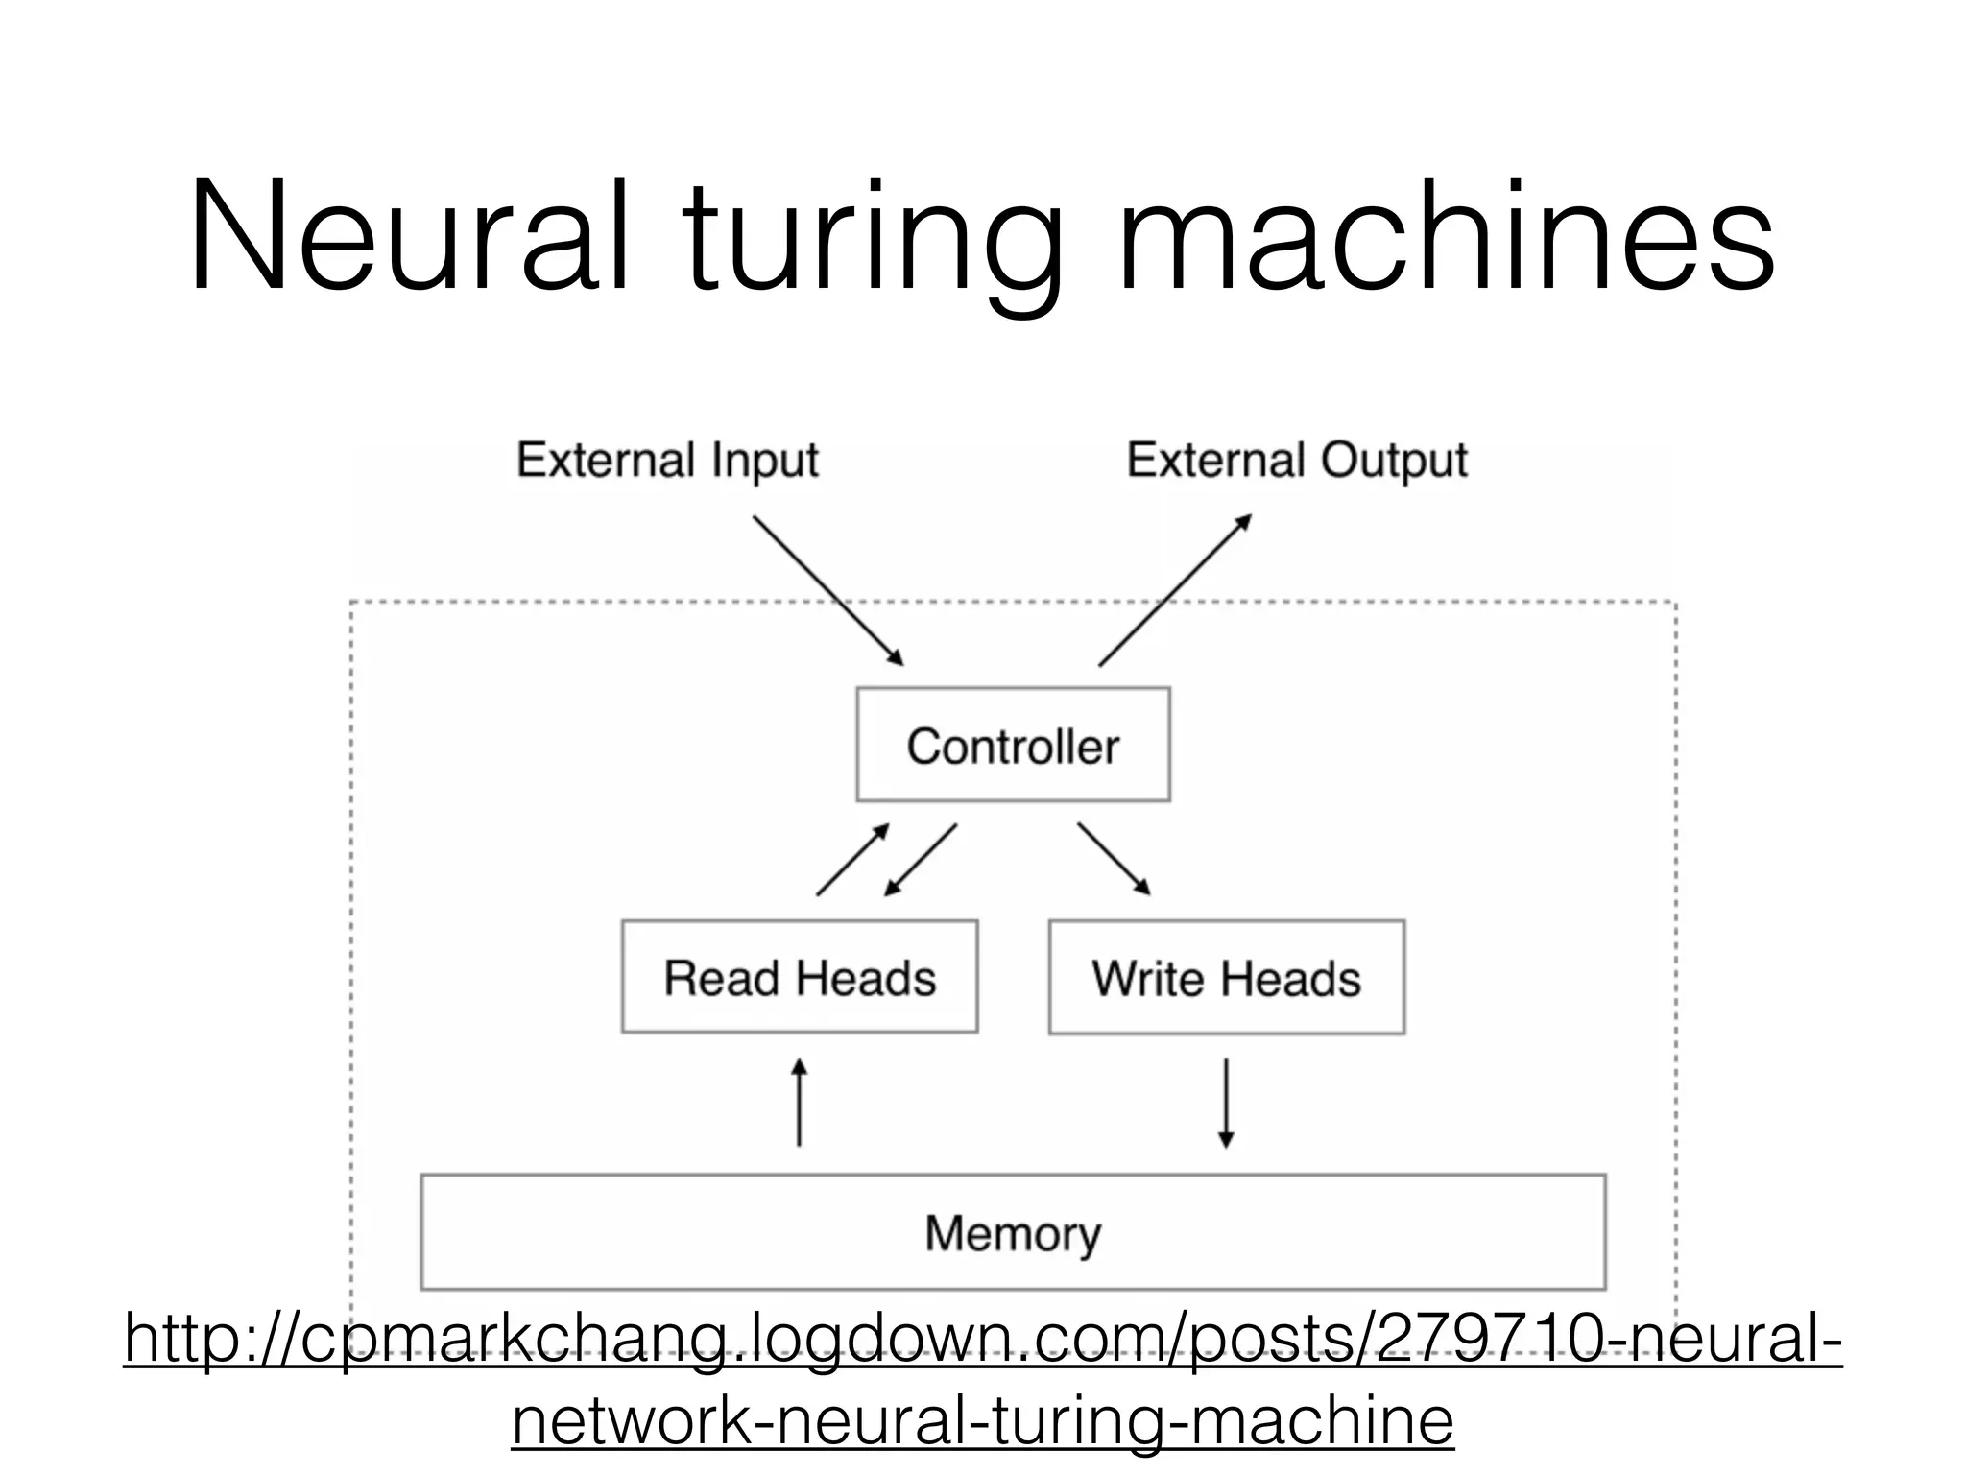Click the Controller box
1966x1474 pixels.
tap(1013, 745)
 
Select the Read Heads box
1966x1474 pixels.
tap(800, 977)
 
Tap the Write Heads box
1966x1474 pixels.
tap(1226, 977)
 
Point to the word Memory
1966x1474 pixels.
tap(1013, 1233)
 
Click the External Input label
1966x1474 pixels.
tap(667, 461)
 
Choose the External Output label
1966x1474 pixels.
tap(1297, 461)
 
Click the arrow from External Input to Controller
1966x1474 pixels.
tap(827, 590)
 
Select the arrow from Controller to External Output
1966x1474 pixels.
tap(1175, 590)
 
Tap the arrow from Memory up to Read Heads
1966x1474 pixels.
tap(799, 1104)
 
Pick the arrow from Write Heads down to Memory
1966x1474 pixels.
tap(1226, 1104)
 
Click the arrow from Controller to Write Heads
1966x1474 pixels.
tap(1114, 859)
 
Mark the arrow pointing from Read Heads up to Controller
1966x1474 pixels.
tap(852, 860)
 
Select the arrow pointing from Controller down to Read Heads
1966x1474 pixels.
tap(921, 860)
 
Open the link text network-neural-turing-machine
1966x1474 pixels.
tap(982, 1420)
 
